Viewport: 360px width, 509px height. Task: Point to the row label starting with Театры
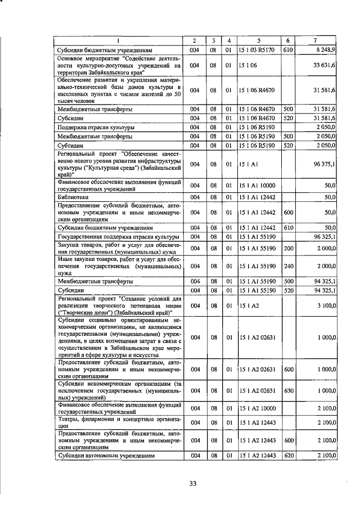pyautogui.click(x=119, y=422)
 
